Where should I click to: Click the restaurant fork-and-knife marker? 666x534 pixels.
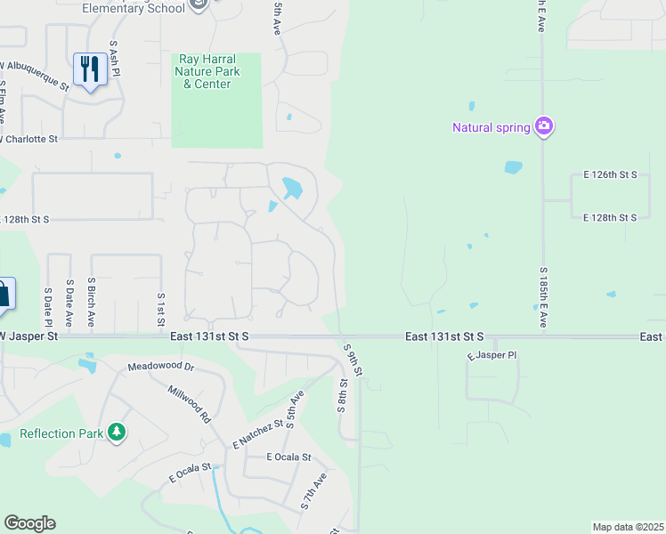point(90,68)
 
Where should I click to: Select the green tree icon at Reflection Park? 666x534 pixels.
point(116,433)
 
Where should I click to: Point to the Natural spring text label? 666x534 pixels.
point(491,127)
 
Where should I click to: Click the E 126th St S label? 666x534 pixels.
point(610,174)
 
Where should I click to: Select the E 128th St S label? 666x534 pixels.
point(610,217)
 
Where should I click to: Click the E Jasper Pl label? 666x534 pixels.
point(491,355)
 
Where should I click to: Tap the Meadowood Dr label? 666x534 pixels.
point(160,366)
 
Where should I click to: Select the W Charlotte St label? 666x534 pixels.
point(29,139)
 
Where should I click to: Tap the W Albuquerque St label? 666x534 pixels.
point(36,76)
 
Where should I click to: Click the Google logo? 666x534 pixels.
point(29,523)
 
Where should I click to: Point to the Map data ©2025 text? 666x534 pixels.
point(628,527)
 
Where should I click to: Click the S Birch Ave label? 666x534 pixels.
point(91,303)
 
